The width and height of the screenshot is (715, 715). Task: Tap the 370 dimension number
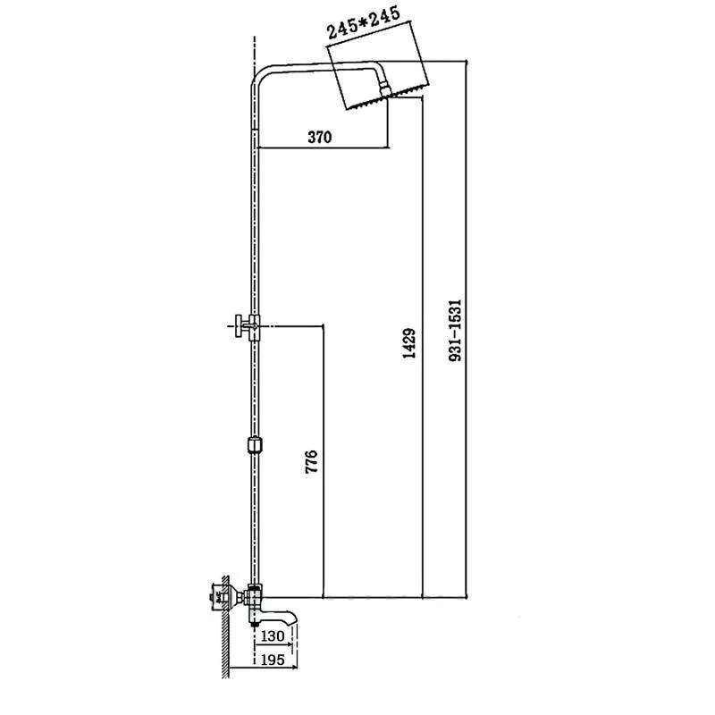click(x=320, y=137)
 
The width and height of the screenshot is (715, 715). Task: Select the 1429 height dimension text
click(x=409, y=343)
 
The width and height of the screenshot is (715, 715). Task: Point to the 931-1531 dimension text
click(x=455, y=330)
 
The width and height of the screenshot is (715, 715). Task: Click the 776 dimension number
click(x=311, y=461)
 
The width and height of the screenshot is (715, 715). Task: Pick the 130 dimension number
click(x=273, y=636)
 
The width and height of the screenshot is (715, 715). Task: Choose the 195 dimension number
click(x=273, y=660)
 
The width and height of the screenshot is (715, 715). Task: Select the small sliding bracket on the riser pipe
click(x=255, y=445)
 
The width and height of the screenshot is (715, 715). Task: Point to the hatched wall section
click(x=225, y=626)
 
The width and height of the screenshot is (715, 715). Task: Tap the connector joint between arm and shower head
click(x=385, y=88)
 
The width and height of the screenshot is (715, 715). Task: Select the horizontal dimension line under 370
click(x=324, y=147)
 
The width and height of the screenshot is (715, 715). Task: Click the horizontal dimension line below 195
click(x=263, y=668)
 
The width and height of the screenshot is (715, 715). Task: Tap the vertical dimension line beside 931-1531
click(x=467, y=328)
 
